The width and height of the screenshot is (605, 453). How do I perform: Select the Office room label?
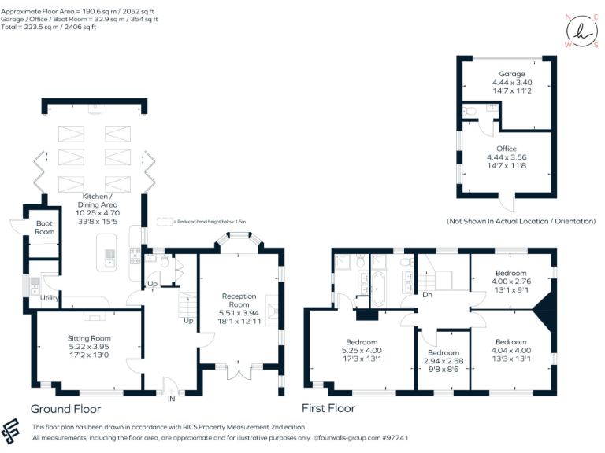tap(507, 149)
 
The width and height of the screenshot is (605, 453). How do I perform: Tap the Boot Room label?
tap(45, 227)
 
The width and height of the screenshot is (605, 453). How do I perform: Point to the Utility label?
tap(49, 298)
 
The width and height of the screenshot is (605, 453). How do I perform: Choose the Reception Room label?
tap(239, 301)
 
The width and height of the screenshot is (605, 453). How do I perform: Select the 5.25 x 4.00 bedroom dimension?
tap(362, 351)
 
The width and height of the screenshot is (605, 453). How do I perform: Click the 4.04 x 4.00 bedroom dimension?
tap(511, 351)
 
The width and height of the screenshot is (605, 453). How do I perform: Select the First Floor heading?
tap(328, 409)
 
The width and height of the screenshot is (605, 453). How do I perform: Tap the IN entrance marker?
tap(171, 400)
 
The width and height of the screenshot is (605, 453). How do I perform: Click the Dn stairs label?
tap(426, 295)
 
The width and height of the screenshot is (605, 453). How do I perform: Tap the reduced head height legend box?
tap(164, 222)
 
